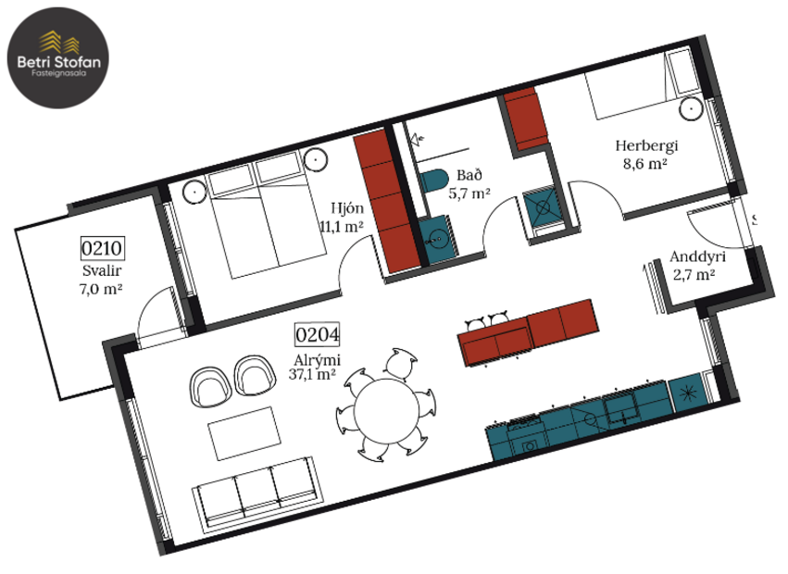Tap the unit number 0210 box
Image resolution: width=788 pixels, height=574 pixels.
pyautogui.click(x=103, y=248)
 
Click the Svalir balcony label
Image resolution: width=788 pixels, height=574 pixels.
pyautogui.click(x=102, y=270)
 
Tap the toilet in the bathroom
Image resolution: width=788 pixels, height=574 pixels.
pyautogui.click(x=432, y=181)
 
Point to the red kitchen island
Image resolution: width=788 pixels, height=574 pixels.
pyautogui.click(x=528, y=331)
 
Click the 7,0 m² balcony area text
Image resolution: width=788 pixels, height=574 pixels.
pyautogui.click(x=102, y=288)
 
